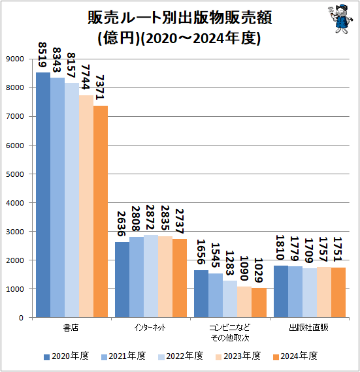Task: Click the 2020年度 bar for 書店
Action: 43,195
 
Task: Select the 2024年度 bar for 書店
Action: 100,211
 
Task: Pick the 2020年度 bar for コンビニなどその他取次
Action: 202,294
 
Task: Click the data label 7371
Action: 101,89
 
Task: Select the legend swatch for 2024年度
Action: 276,356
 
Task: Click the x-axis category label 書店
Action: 72,326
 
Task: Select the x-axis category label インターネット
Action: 151,326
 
